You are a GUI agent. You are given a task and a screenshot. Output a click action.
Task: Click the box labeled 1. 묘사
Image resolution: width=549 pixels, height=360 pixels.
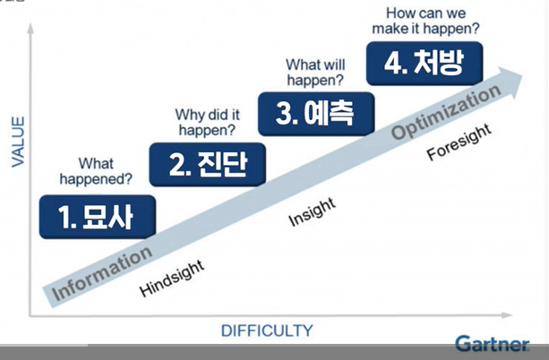click(98, 217)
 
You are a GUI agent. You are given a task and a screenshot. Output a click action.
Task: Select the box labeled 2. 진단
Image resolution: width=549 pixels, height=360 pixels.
click(207, 164)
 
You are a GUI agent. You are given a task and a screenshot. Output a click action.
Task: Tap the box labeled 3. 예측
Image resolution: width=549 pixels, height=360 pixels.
click(316, 114)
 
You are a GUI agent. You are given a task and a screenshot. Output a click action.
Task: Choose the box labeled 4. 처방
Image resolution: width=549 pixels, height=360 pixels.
click(425, 63)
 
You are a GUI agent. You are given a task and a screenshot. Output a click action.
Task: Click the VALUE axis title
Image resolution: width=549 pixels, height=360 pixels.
click(18, 141)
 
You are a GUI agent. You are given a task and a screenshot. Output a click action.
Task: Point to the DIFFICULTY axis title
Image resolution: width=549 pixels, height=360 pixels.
click(267, 330)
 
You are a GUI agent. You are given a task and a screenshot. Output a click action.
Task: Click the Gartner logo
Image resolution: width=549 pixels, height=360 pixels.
click(493, 344)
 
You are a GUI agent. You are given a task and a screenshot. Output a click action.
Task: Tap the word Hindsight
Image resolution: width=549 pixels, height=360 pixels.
click(172, 279)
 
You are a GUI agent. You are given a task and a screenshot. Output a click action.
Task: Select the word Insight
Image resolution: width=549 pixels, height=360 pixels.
click(312, 211)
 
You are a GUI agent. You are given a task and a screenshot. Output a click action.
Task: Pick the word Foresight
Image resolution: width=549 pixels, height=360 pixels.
click(459, 141)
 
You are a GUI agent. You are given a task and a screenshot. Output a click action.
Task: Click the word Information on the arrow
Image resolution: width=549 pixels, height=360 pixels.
click(102, 273)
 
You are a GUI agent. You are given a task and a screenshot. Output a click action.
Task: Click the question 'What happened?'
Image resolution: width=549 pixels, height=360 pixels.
click(96, 171)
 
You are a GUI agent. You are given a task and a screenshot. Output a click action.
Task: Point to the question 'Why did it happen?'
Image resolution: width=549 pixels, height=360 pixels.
click(207, 122)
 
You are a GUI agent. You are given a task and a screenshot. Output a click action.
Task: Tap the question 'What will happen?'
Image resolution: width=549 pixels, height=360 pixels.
click(315, 73)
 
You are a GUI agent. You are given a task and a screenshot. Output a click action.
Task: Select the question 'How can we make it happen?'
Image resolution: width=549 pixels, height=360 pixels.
click(425, 21)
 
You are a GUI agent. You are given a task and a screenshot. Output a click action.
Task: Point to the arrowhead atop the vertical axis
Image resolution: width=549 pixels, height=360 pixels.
click(30, 29)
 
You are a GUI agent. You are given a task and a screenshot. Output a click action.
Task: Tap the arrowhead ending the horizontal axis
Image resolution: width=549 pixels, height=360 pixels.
click(507, 315)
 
